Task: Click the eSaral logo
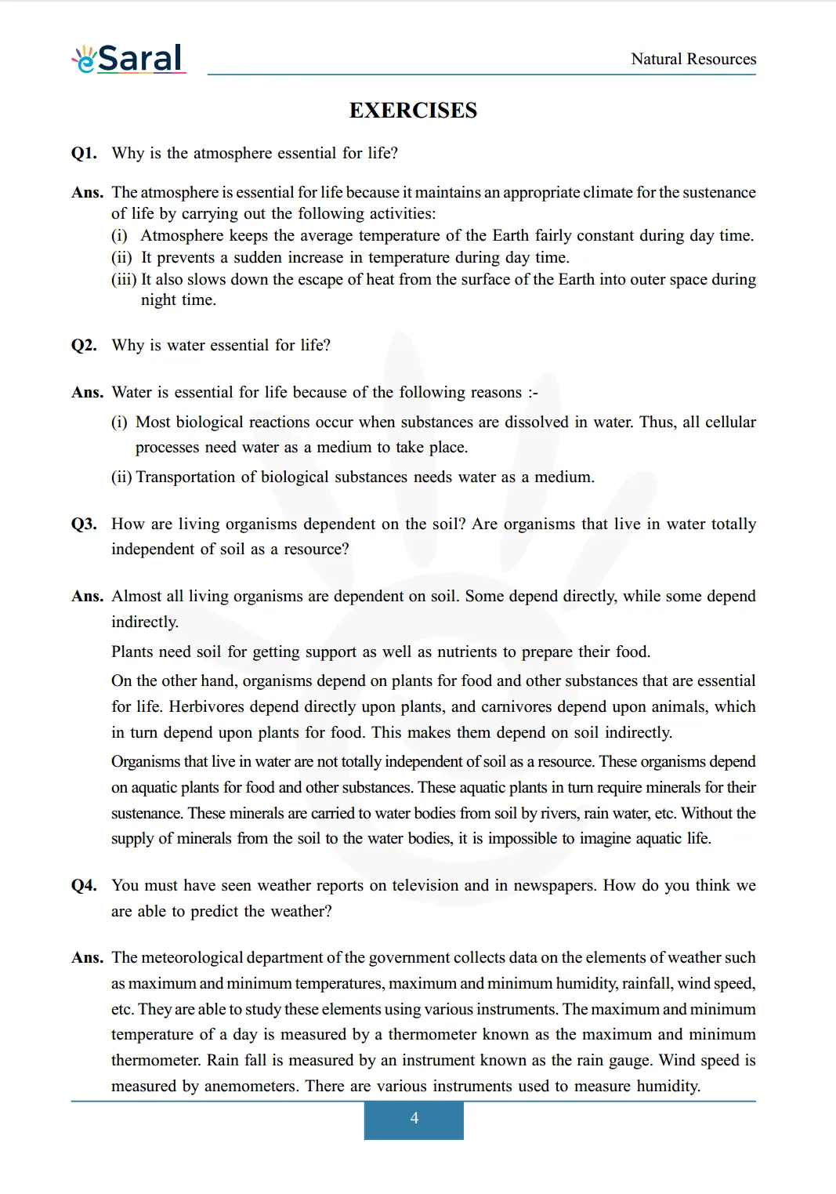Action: point(129,59)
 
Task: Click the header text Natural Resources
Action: point(693,59)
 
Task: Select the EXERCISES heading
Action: point(413,111)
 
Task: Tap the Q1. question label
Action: point(84,153)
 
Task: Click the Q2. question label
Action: point(84,345)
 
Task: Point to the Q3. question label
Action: point(84,524)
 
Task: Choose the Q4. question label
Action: point(84,885)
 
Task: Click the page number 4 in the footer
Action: point(414,1119)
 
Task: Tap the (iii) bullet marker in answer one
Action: point(124,279)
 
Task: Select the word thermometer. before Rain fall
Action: point(156,1060)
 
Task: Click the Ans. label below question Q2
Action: point(87,392)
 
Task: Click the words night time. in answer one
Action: point(178,300)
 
